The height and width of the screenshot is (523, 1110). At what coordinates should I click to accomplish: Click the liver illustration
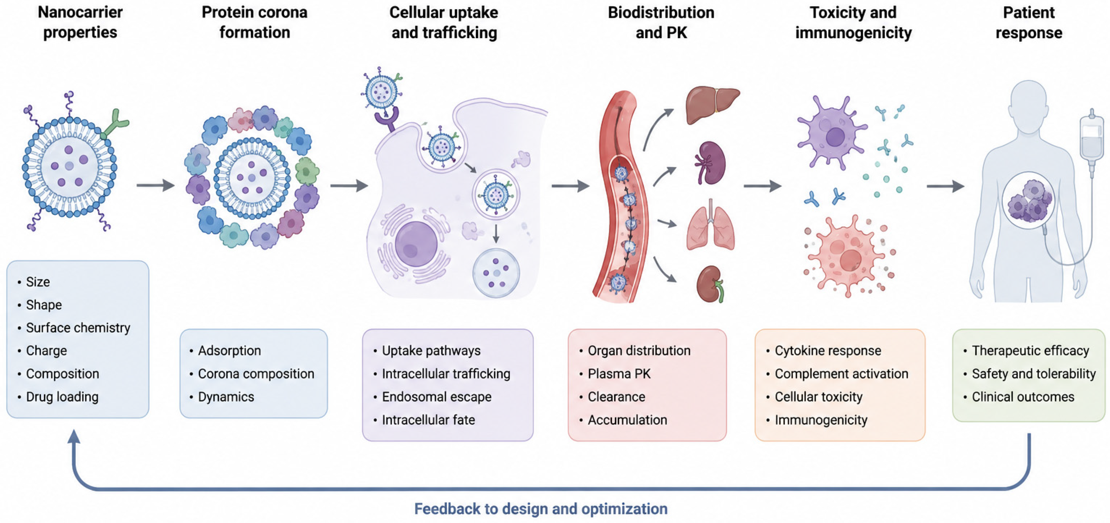712,105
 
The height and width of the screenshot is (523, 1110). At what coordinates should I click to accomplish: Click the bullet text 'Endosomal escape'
436,397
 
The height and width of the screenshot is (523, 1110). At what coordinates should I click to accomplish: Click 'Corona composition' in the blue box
256,374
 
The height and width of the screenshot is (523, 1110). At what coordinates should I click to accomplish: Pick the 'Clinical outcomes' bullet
1023,397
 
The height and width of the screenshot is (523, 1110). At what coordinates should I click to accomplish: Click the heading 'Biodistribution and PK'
661,22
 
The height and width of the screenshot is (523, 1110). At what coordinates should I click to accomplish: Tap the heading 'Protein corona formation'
255,22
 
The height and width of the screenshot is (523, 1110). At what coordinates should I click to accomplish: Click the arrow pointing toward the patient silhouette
945,186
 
